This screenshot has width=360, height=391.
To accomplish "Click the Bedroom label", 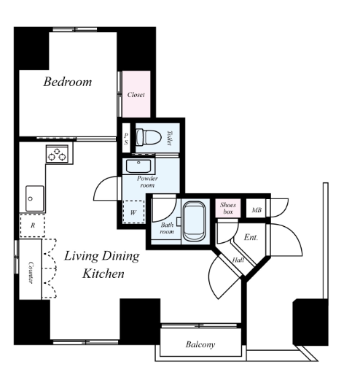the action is point(68,82).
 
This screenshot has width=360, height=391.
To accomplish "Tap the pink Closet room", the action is point(136,94).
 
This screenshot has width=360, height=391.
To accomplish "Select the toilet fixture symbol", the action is point(149,137).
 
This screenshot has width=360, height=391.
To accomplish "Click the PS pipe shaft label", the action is point(126,139).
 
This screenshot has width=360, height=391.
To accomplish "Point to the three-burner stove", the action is point(57,154).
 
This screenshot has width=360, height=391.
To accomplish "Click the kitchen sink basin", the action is point(35,198).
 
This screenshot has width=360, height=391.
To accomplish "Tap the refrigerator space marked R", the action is point(33,225).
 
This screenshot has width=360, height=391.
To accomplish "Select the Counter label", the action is point(31,272).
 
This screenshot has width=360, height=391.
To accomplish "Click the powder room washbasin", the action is point(138,166).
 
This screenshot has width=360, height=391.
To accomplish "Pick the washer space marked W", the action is point(133,212).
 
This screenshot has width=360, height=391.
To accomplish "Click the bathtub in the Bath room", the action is point(195,221).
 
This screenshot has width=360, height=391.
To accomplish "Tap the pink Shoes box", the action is point(228,208).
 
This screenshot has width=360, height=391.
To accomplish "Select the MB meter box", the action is point(257,210).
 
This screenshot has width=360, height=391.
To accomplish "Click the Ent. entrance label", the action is point(251,237).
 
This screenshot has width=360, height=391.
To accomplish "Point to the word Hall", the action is point(238,260).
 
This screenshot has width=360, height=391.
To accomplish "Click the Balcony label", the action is point(200,344).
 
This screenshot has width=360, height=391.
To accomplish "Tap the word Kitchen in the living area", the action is point(103,274).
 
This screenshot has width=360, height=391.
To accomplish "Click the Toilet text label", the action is point(169,138).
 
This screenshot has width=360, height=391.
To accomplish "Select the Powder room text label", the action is point(147,182).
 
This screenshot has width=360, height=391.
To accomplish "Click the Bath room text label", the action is point(167,228).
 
